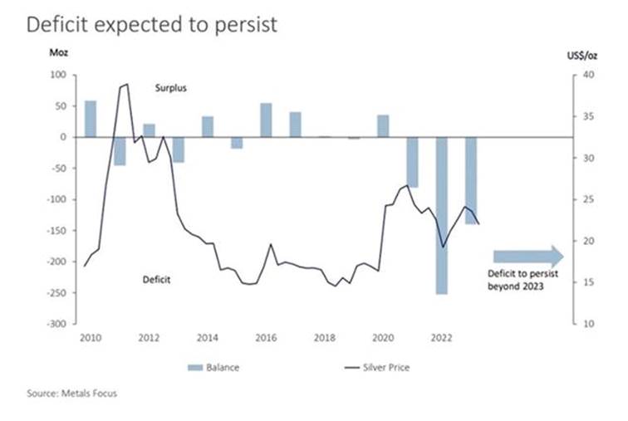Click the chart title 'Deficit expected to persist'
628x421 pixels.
click(151, 25)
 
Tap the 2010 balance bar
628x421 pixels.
click(91, 119)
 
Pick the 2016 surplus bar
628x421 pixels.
click(266, 120)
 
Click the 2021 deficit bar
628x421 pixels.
click(413, 162)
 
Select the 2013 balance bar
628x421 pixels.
click(179, 149)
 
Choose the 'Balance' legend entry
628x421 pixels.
click(217, 366)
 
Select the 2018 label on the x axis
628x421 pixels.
click(324, 339)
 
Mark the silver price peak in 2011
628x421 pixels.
click(126, 84)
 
